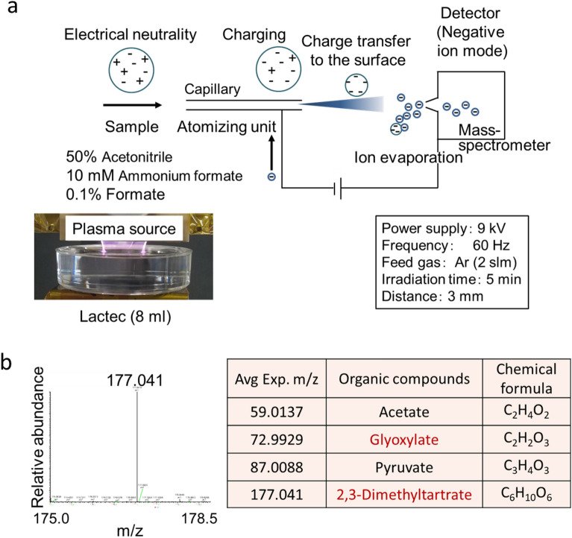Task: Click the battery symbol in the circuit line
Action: (339, 191)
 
